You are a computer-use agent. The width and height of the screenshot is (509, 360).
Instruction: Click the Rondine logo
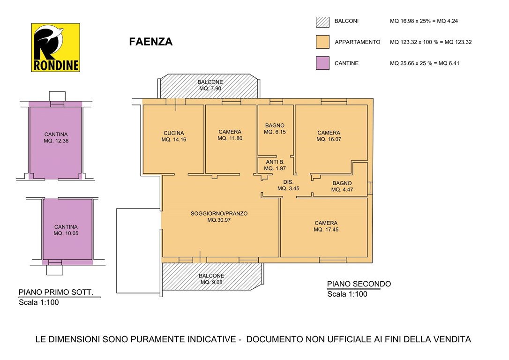pyautogui.click(x=55, y=47)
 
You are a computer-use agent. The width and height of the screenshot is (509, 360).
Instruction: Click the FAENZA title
pyautogui.click(x=150, y=42)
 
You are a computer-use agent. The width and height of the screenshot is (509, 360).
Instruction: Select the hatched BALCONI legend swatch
pyautogui.click(x=322, y=22)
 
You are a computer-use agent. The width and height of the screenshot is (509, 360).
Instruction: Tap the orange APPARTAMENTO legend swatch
pyautogui.click(x=322, y=42)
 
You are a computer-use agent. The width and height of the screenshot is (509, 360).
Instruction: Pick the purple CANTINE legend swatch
pyautogui.click(x=322, y=63)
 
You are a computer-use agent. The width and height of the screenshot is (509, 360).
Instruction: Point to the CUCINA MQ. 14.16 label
pyautogui.click(x=174, y=136)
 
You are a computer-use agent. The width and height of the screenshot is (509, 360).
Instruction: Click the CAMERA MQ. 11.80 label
pyautogui.click(x=230, y=135)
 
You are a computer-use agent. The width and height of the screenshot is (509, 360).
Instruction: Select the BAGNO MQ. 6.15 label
pyautogui.click(x=275, y=128)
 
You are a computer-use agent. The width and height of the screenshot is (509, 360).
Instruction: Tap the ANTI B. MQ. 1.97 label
pyautogui.click(x=275, y=165)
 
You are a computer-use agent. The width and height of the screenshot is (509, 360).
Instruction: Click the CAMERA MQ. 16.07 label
pyautogui.click(x=329, y=136)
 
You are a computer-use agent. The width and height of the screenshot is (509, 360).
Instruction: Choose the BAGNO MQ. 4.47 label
pyautogui.click(x=342, y=187)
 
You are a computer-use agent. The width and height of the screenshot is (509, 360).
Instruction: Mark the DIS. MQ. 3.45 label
pyautogui.click(x=288, y=185)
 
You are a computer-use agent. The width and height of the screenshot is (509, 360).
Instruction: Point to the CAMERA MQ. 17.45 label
pyautogui.click(x=326, y=226)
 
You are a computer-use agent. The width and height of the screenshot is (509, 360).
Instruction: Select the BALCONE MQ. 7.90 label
pyautogui.click(x=210, y=85)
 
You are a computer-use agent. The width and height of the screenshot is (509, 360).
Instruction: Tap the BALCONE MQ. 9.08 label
pyautogui.click(x=211, y=279)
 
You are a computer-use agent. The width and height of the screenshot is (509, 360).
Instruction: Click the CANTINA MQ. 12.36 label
pyautogui.click(x=56, y=138)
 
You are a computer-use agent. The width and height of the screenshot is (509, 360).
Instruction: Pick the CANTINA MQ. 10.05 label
pyautogui.click(x=66, y=230)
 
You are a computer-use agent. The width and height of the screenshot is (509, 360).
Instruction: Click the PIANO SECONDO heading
pyautogui.click(x=359, y=284)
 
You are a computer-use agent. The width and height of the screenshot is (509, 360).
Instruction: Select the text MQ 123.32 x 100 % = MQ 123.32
pyautogui.click(x=431, y=42)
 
